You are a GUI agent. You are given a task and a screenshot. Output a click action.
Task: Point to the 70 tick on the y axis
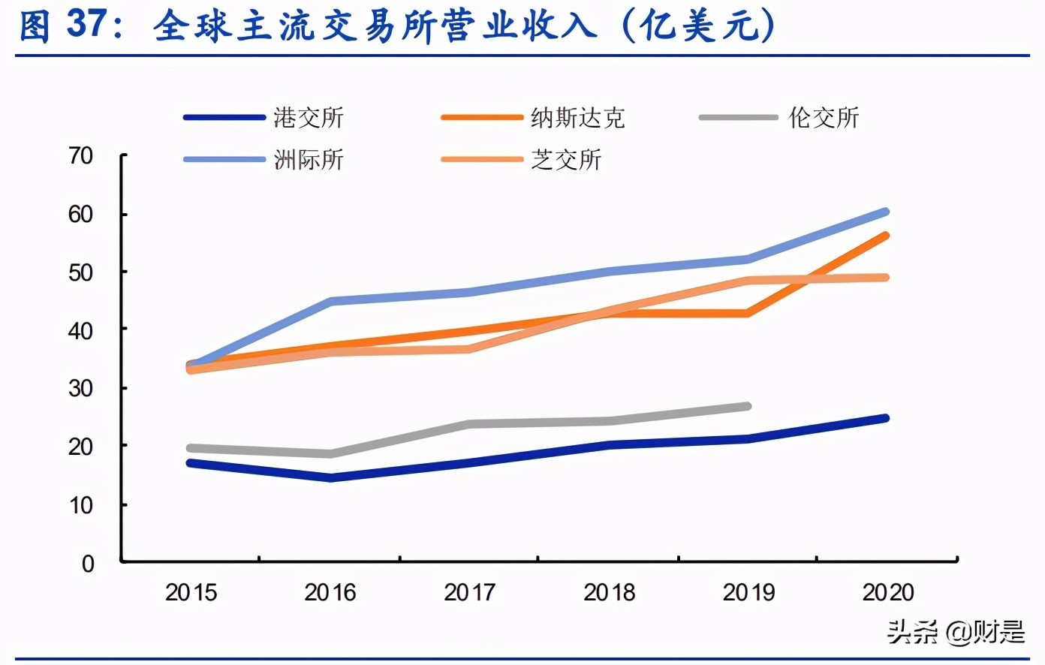[x=80, y=155]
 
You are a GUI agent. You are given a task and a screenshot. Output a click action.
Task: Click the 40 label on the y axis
[x=80, y=330]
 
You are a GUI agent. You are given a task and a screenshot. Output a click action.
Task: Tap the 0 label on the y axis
[x=88, y=563]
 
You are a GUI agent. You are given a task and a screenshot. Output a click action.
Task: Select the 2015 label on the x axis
[x=191, y=593]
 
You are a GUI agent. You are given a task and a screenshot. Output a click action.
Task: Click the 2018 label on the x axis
[x=609, y=593]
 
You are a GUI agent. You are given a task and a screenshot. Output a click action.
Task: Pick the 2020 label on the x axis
[x=887, y=593]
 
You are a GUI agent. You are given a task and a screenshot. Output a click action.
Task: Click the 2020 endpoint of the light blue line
[x=886, y=212]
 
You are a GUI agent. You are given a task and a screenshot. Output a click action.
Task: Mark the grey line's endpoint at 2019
[x=747, y=406]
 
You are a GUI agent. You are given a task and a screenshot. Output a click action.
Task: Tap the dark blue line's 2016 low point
[x=330, y=477]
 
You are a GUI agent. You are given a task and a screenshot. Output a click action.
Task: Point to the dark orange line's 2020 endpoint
[x=886, y=236]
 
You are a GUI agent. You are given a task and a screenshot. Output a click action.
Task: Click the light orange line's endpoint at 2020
[x=886, y=278]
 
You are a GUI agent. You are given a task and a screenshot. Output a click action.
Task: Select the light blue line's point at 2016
[x=330, y=301]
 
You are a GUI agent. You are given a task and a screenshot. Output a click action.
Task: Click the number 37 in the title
[x=87, y=25]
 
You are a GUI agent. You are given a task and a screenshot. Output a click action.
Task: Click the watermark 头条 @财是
[x=955, y=632]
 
